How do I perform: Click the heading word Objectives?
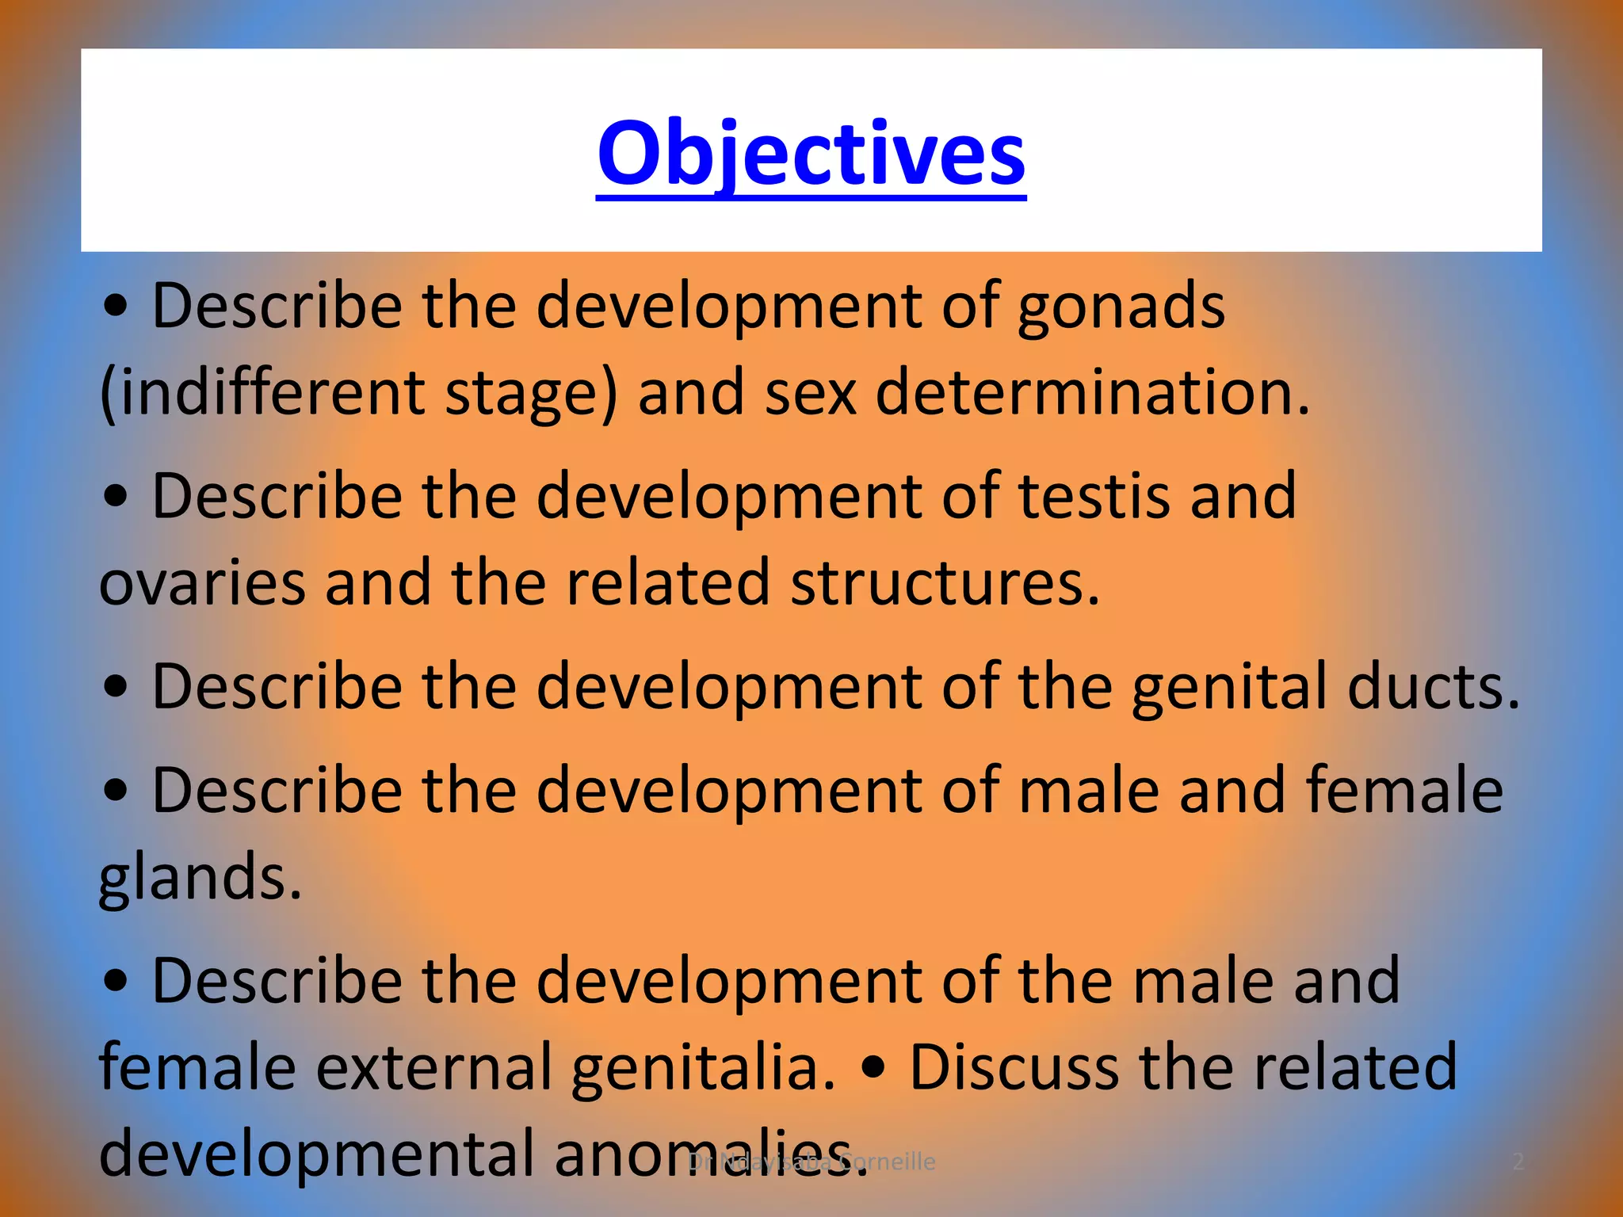tap(811, 152)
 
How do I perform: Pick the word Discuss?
tap(1014, 1068)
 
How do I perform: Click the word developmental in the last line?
tap(317, 1154)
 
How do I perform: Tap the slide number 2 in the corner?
tap(1518, 1162)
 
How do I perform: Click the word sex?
tap(810, 393)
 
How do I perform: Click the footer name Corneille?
tap(888, 1162)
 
